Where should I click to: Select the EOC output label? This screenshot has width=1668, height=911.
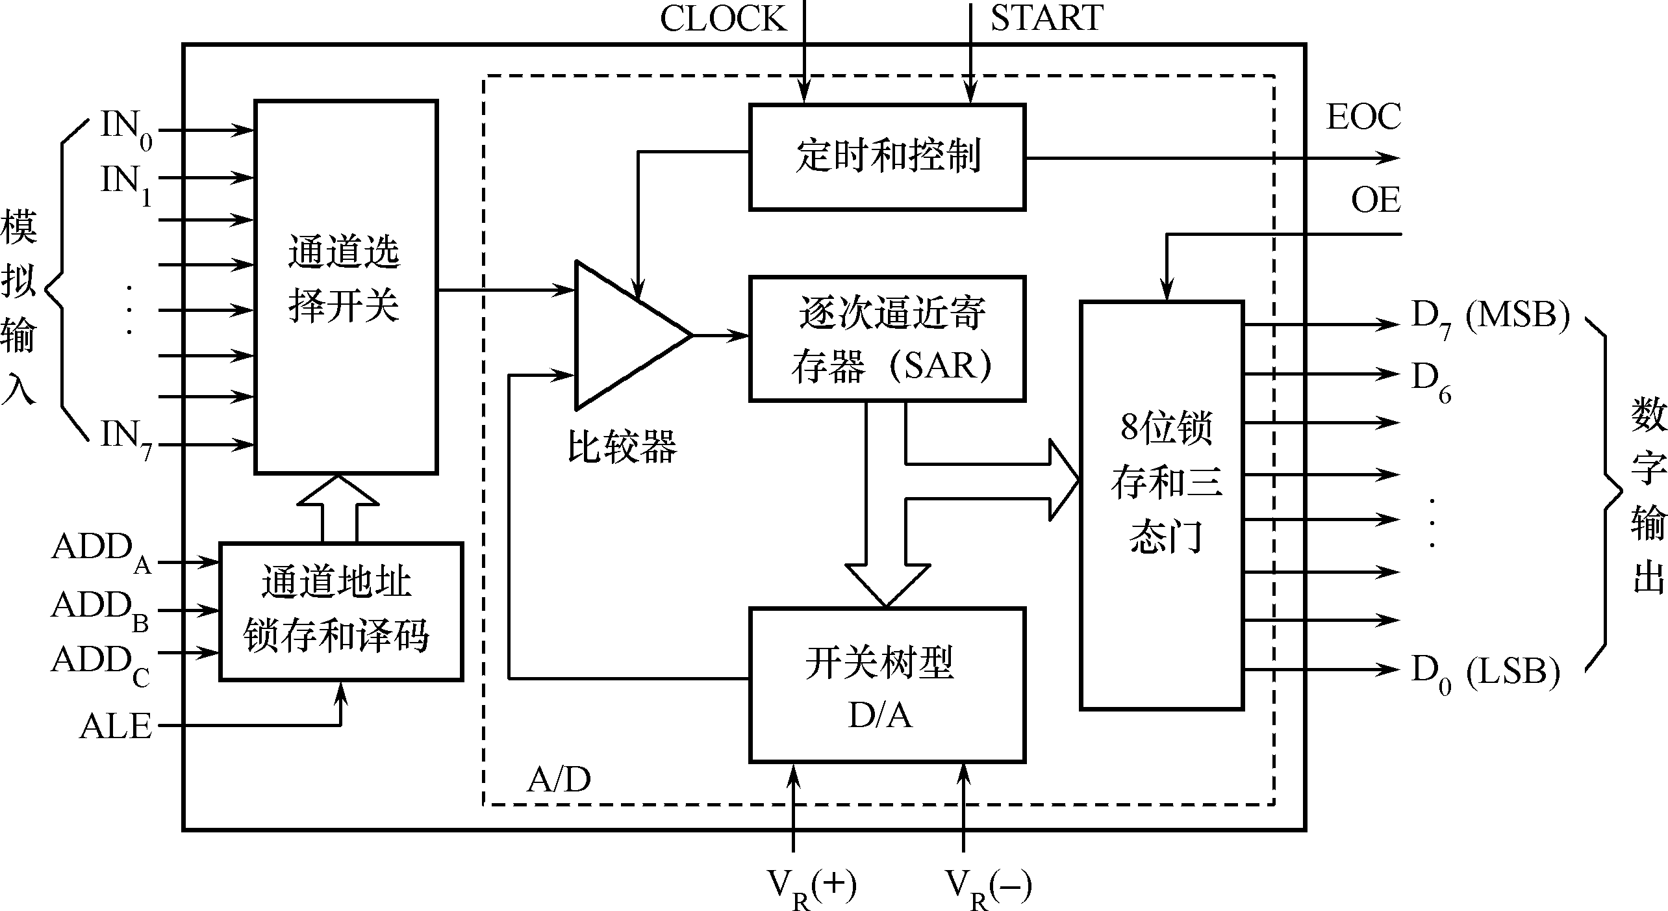click(x=1363, y=118)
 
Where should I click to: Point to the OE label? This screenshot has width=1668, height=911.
click(x=1375, y=200)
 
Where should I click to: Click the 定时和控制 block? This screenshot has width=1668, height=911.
click(x=887, y=157)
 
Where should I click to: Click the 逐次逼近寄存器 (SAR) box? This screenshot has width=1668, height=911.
click(x=887, y=339)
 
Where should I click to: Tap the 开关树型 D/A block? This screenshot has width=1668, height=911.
click(x=887, y=684)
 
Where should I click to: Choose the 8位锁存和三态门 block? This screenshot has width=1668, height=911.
click(x=1161, y=505)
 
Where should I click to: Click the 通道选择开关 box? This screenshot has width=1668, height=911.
click(x=346, y=287)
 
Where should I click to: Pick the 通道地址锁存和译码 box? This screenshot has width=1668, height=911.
click(x=341, y=611)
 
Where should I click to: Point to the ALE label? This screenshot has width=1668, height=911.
click(x=116, y=726)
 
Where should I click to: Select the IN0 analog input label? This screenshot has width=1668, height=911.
click(x=126, y=129)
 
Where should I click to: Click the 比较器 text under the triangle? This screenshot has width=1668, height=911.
click(x=622, y=447)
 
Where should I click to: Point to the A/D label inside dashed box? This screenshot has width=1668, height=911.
click(x=559, y=780)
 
